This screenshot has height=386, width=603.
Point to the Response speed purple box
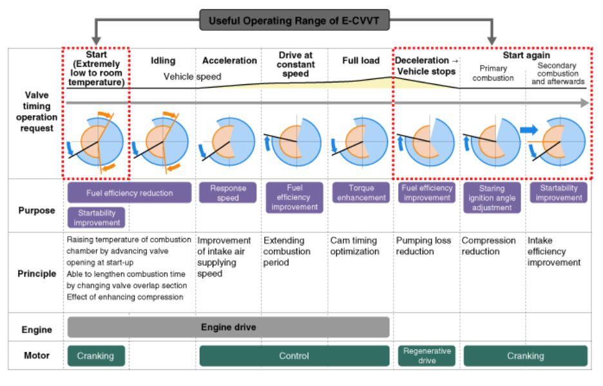click(x=227, y=193)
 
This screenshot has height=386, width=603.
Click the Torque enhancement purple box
click(x=360, y=193)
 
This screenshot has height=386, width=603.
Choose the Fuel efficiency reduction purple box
click(x=129, y=192)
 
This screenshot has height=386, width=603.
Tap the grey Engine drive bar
click(x=228, y=327)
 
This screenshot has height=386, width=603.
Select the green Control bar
click(x=294, y=356)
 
